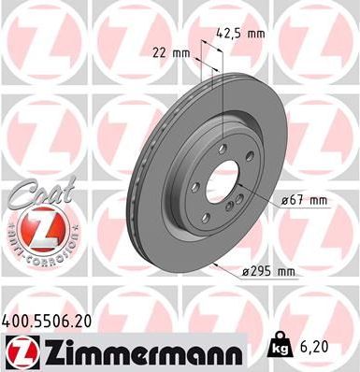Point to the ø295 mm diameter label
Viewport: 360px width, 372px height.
(x=269, y=272)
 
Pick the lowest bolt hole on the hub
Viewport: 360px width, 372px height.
(x=215, y=212)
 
